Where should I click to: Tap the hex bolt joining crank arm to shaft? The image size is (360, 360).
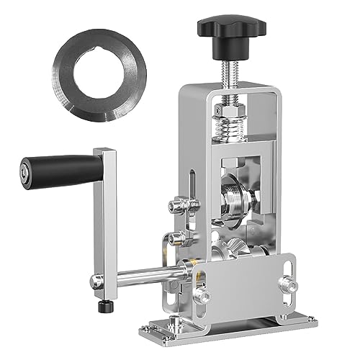(96, 282)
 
